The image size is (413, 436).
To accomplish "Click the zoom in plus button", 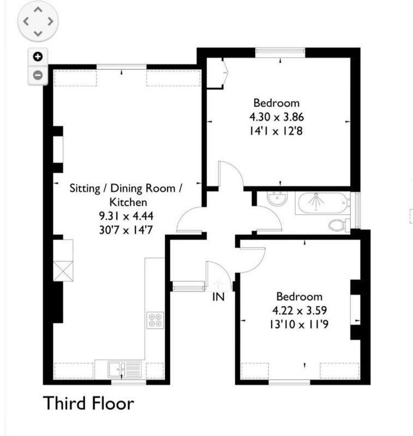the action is pos(38,57).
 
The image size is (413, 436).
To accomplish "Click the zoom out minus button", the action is pos(38,75).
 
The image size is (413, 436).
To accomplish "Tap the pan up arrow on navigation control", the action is pos(38,10).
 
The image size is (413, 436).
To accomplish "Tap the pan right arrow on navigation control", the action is pos(50,21).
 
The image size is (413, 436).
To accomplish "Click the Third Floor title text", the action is pos(88,403).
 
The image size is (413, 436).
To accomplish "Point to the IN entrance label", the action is pos(218,297).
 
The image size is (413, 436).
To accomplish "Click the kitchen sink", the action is pos(125,370).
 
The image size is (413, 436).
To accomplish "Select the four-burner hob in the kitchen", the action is pos(155,320).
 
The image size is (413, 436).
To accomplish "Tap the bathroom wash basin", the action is pos(277,198).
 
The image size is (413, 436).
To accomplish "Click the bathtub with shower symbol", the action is pos(323,203).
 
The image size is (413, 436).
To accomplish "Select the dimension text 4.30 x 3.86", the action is pos(277,117).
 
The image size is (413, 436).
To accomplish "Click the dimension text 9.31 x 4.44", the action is pos(127,216).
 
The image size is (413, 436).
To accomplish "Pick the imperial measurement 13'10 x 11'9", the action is pos(299,324).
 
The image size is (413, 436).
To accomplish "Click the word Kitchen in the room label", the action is pos(128,202).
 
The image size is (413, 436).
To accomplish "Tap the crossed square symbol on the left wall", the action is pos(63,271).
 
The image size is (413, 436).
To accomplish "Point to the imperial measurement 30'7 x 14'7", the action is pos(126,230).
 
